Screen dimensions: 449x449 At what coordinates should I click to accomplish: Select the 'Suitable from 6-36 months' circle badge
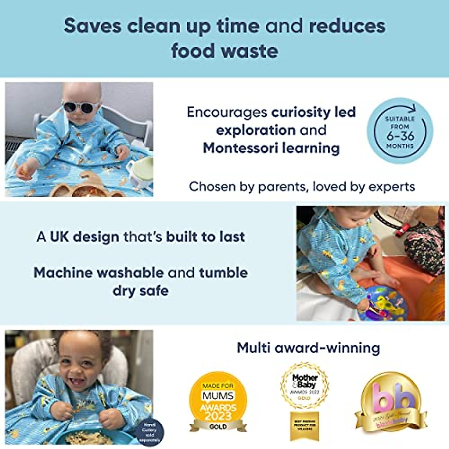click(400, 131)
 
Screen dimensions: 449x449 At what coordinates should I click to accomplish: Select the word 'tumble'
click(223, 273)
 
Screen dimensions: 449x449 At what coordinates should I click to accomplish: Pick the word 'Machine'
click(63, 273)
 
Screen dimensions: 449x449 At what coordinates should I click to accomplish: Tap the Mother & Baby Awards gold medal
click(305, 385)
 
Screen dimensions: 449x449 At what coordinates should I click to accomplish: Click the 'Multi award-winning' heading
click(308, 348)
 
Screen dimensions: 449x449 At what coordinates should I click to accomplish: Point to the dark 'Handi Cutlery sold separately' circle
click(149, 432)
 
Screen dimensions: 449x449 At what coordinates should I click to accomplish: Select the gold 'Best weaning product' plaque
click(305, 426)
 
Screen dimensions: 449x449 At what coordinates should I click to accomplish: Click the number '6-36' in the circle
click(400, 135)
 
